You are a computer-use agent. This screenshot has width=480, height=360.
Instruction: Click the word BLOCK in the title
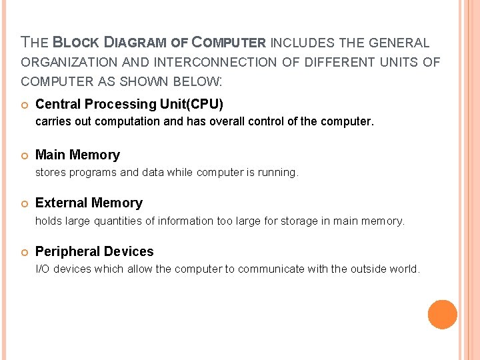point(75,43)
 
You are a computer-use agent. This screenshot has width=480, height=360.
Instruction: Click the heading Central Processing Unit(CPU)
point(129,105)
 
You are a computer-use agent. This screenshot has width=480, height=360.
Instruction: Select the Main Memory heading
point(77,155)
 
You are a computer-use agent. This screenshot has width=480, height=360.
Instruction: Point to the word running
point(279,173)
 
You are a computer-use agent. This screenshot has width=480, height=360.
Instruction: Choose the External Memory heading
point(89,203)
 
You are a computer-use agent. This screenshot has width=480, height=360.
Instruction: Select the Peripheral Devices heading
point(94,252)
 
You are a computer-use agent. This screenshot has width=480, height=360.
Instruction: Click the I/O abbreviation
point(42,269)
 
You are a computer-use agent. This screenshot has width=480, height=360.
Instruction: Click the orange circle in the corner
point(443,315)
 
